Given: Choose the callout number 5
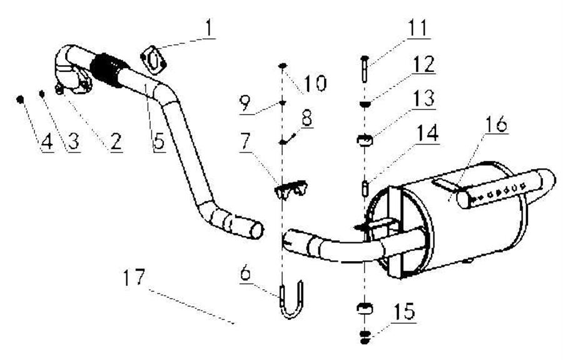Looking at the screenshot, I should pos(158,141).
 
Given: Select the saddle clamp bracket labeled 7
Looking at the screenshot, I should pos(292,188).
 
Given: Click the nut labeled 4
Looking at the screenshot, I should pos(21,99).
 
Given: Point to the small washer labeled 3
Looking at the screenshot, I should pos(42,94).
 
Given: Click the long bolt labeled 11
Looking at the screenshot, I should pos(363,69).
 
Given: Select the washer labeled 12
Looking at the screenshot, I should pos(363,105).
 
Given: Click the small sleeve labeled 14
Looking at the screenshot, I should pos(363,187).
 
